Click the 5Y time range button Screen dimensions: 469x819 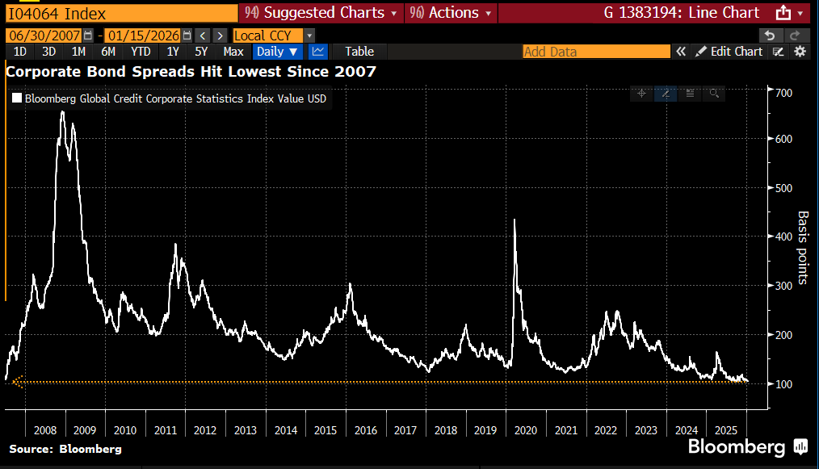click(201, 52)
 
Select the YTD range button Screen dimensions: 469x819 click(141, 52)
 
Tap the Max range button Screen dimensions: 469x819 click(233, 52)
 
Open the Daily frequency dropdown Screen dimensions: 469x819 click(276, 52)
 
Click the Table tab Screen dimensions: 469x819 click(359, 52)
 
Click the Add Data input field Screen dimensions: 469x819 click(596, 52)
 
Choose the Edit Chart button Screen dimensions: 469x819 click(729, 52)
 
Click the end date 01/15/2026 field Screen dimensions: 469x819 click(144, 36)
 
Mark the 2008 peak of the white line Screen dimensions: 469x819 click(62, 111)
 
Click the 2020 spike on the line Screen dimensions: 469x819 click(514, 220)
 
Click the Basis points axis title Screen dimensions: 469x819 click(802, 248)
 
